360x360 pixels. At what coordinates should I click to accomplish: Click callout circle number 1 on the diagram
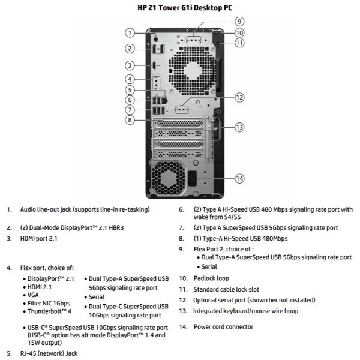click(129, 32)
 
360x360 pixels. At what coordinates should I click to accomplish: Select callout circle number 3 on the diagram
click(129, 65)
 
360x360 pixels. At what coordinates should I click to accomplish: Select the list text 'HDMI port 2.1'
click(40, 239)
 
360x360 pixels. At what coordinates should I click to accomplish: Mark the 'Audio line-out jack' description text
click(85, 209)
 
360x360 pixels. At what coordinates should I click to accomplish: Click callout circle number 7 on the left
click(129, 110)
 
